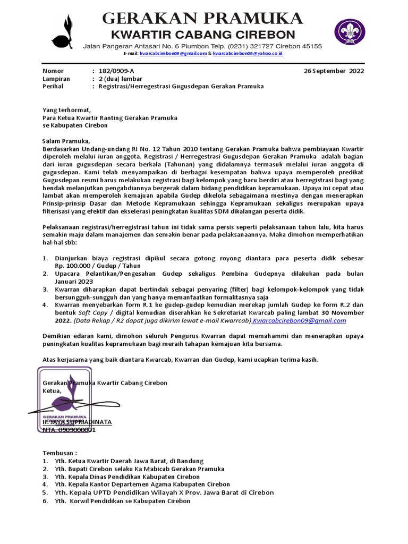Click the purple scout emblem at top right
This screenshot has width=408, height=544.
point(350,31)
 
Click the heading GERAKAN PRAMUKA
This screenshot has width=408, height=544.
point(202,19)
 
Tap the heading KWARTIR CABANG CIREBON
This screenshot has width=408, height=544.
point(202,35)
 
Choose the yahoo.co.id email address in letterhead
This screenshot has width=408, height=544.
point(248,54)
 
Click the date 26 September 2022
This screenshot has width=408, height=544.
point(334,71)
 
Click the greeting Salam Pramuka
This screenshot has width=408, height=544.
point(66,141)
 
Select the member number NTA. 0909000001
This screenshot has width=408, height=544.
point(69,430)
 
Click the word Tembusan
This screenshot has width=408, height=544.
point(59,453)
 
